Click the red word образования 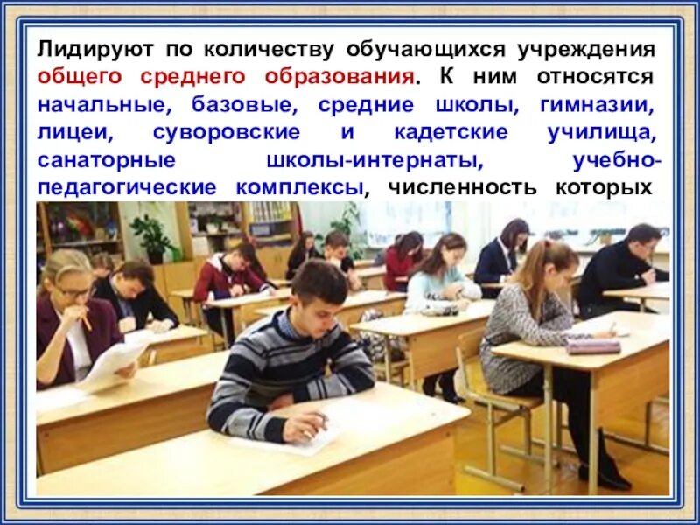click(341, 76)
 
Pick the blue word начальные click(95, 104)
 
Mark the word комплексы click(297, 189)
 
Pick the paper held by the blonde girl click(114, 360)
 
